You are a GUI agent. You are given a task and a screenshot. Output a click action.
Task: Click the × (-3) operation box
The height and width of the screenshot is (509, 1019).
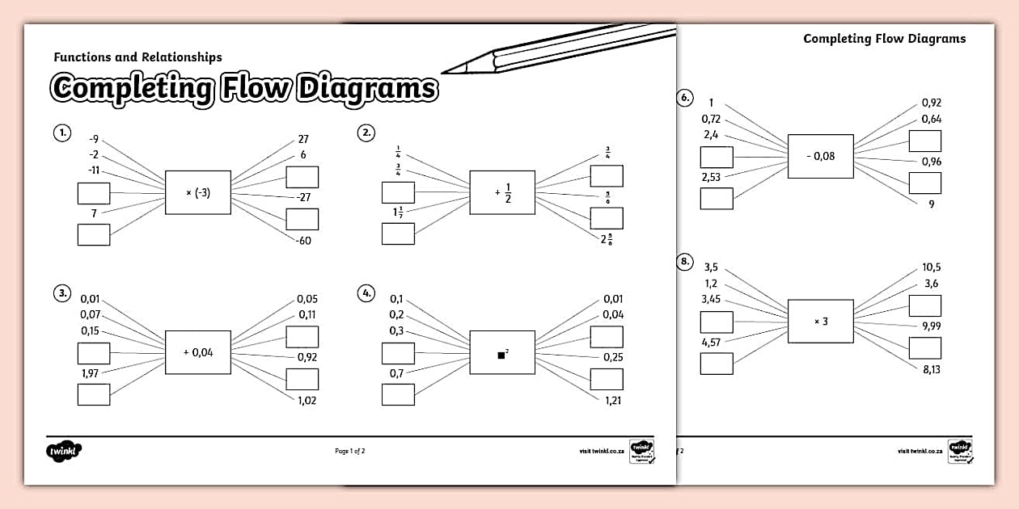[x=198, y=192]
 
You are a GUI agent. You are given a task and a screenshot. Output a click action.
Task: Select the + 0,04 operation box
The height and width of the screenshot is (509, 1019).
[x=198, y=352]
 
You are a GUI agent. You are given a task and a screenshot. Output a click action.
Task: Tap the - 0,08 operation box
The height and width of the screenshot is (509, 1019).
[x=821, y=156]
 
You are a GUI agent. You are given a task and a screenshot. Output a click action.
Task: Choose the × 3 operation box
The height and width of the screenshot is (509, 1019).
[x=821, y=321]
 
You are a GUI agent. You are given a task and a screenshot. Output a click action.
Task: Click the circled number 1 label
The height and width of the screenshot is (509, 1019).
[x=61, y=133]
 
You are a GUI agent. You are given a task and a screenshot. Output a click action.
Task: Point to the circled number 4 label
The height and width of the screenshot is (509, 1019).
[x=366, y=292]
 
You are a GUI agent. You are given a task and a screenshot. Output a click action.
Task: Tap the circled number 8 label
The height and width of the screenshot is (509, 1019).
[x=684, y=260]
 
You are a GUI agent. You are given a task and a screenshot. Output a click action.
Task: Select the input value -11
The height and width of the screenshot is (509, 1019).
[x=94, y=170]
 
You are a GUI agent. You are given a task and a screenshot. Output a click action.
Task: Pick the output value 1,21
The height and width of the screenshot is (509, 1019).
[x=613, y=400]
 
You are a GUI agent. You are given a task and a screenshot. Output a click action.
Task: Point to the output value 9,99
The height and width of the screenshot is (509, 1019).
[x=930, y=326]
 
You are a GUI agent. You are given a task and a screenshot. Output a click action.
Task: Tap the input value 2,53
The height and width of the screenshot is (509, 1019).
[x=711, y=177]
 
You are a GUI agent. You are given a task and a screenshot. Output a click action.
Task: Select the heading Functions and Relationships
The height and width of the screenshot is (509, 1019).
[x=137, y=57]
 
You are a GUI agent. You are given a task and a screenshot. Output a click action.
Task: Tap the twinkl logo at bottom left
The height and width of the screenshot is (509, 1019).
[x=64, y=451]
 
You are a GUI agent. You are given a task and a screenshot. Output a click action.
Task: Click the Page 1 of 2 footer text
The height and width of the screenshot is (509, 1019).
[x=350, y=451]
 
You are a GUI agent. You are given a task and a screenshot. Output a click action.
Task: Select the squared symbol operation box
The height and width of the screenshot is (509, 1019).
[x=502, y=352]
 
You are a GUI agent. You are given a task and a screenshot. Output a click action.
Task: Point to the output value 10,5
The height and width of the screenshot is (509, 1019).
[x=930, y=267]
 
